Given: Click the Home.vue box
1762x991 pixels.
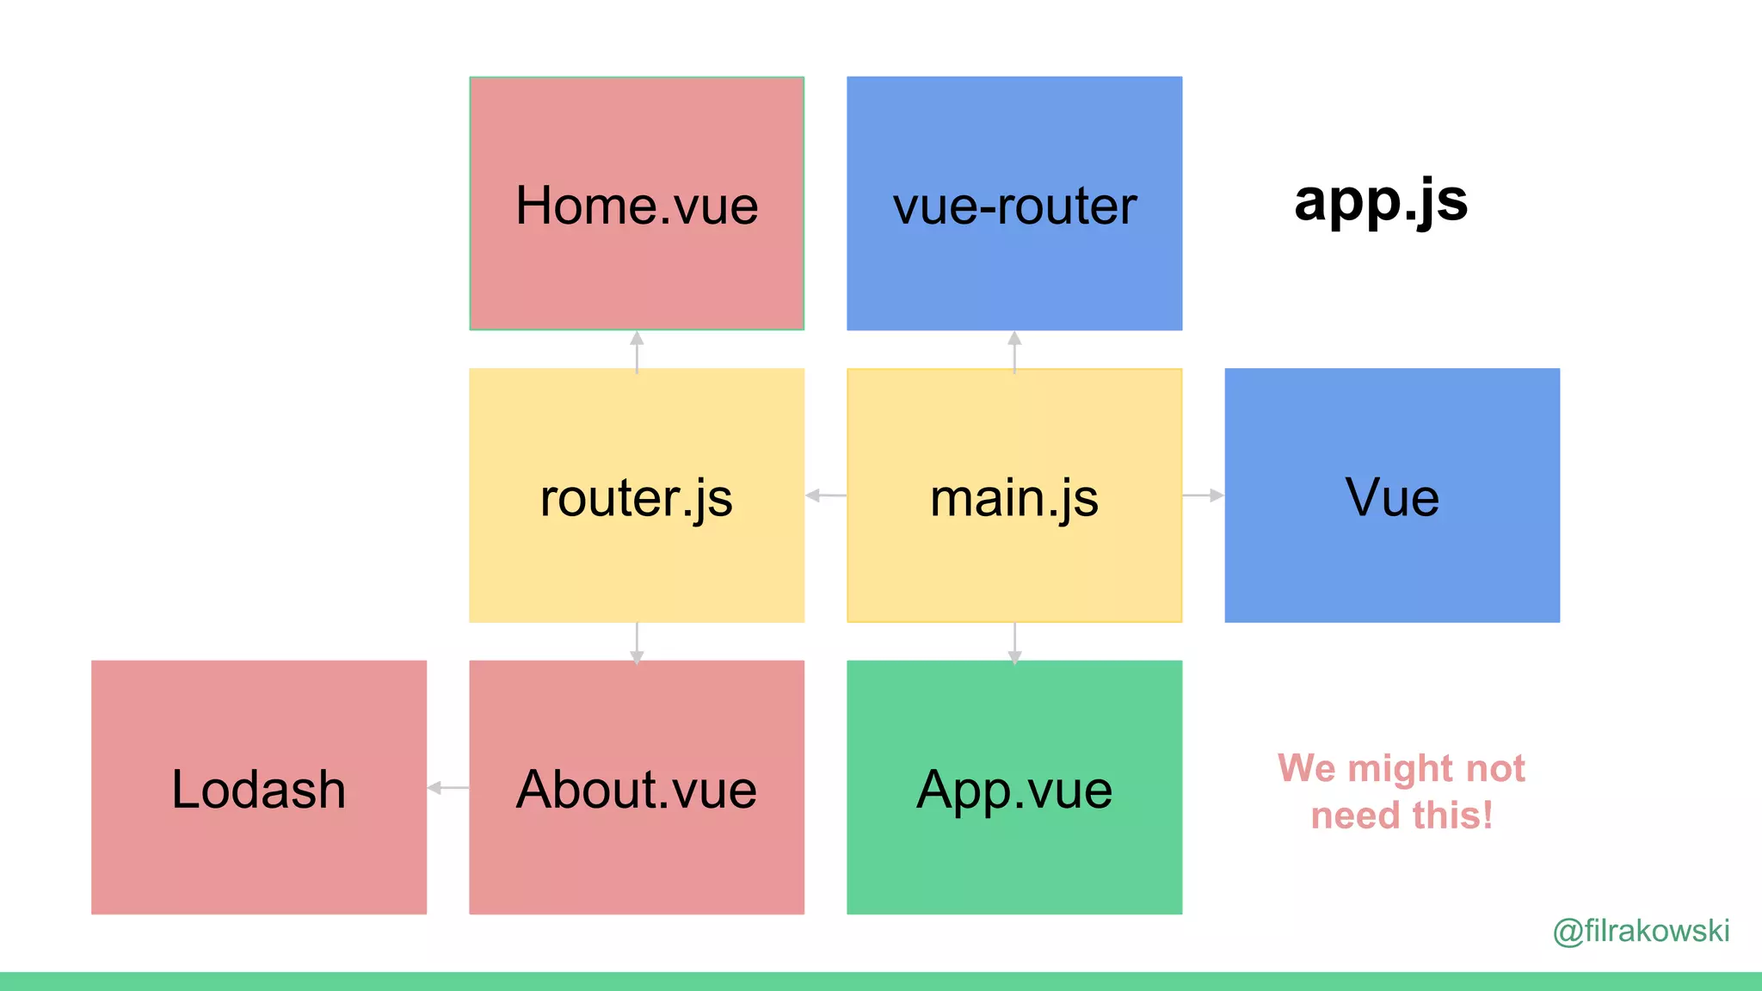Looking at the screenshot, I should [637, 204].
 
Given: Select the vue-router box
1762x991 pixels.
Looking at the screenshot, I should [1014, 204].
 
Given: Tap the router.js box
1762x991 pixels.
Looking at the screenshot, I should [637, 495].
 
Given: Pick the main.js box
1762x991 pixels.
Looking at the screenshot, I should [1014, 495].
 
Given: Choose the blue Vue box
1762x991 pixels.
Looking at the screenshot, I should [1392, 495].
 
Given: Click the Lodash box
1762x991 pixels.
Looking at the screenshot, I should [259, 787].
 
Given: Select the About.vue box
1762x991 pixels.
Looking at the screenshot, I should [637, 787].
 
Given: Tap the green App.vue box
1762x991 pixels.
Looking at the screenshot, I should [1014, 787].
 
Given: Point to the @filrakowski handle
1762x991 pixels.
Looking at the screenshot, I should [1641, 931].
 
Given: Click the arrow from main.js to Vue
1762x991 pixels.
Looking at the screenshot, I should [1204, 495].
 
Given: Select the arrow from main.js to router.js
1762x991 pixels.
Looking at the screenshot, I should [826, 495].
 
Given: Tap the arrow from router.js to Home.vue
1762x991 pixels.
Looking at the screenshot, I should [637, 351].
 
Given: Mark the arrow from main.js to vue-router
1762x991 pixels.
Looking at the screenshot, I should [1014, 351].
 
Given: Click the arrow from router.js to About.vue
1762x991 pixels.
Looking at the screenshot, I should [637, 643].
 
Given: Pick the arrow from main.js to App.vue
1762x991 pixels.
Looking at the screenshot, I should [1014, 643].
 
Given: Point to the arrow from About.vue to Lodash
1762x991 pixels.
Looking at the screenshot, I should [448, 787].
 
